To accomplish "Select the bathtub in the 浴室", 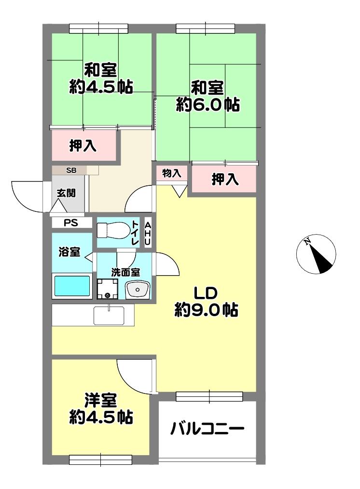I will [x=72, y=286].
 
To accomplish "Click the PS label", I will [x=71, y=223].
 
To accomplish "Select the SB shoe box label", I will [x=71, y=170].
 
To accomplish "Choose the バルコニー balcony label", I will [x=207, y=429].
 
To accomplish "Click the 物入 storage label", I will [x=171, y=173].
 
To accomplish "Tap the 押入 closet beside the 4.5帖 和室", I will [x=83, y=146].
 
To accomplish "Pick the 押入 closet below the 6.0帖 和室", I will [x=225, y=180].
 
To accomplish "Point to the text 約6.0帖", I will [x=208, y=105].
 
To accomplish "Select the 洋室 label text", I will [x=101, y=400].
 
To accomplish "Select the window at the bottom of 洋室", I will [x=100, y=460].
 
